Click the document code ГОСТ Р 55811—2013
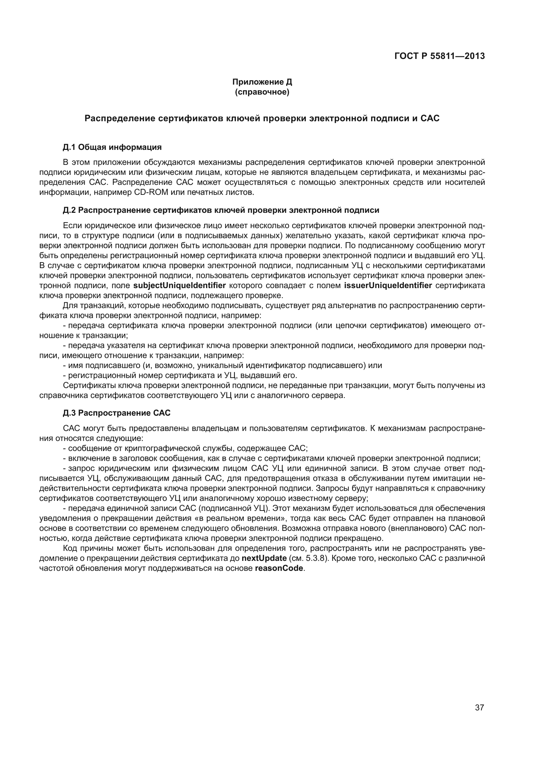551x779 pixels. (440, 56)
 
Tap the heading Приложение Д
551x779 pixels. (262, 82)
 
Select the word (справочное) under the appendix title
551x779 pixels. (262, 92)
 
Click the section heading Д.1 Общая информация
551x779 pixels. (112, 147)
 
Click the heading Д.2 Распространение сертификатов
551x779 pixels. (221, 210)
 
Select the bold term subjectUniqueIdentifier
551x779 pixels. (179, 285)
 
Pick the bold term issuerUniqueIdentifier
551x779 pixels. (388, 285)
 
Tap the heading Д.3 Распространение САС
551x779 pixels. (116, 413)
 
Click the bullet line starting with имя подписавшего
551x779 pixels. (222, 365)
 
